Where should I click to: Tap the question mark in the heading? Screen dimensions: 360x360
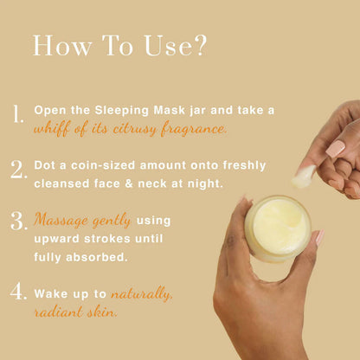coord(200,46)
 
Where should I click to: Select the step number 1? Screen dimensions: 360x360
coord(18,115)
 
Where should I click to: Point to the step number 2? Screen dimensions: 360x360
coord(18,170)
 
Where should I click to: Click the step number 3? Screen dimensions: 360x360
coord(18,221)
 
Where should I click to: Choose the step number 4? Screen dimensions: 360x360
coord(18,292)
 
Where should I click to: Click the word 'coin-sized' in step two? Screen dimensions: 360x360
coord(101,165)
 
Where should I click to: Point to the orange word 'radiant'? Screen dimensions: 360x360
coord(60,312)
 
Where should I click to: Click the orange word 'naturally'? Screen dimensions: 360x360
coord(142,294)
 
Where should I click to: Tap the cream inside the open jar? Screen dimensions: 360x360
coord(276,228)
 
